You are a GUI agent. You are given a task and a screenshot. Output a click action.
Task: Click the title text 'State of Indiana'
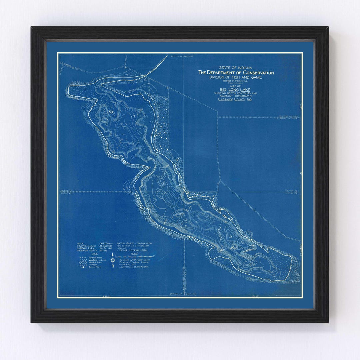click(236, 68)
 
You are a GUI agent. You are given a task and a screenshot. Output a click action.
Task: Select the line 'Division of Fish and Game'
click(236, 77)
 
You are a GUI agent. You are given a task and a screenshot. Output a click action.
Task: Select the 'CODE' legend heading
click(85, 254)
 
